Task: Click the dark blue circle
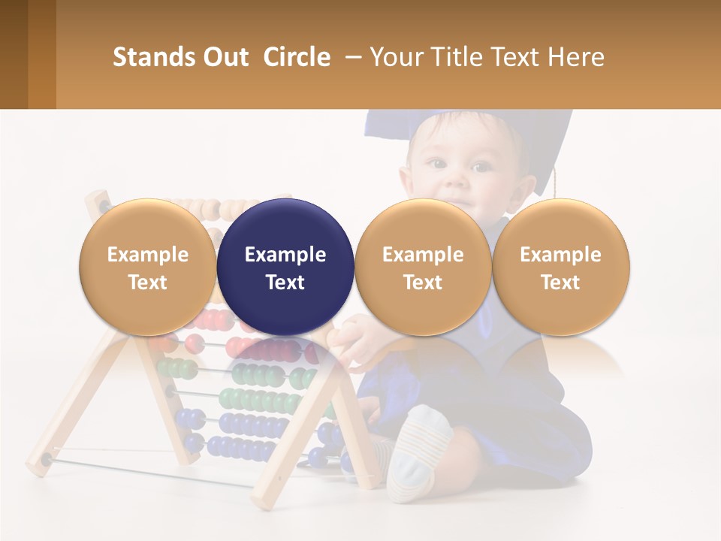tap(285, 267)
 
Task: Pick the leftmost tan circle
tap(148, 267)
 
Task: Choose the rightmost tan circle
tap(560, 267)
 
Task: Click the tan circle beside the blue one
tap(423, 267)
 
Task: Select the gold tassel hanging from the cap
tap(557, 184)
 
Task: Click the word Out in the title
tap(223, 57)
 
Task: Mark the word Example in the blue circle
tap(285, 255)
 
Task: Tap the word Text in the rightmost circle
tap(560, 283)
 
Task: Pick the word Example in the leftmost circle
tap(148, 255)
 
